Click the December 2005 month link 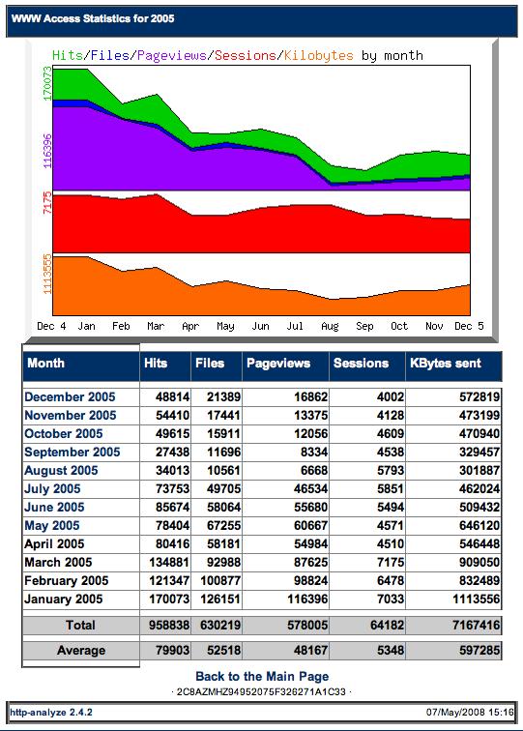70,396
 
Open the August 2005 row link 61,470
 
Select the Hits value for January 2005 169,599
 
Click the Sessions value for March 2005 391,562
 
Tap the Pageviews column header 278,364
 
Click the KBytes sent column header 445,364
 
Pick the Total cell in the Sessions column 387,626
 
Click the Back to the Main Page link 262,677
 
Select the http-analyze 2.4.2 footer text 51,713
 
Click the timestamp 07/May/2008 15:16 470,713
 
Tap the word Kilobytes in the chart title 319,55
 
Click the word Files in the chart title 110,55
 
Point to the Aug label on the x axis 330,326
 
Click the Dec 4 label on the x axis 51,326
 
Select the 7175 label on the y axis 47,202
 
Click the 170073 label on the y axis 47,83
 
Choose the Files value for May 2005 223,525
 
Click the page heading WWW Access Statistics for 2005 93,18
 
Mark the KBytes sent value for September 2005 479,453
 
